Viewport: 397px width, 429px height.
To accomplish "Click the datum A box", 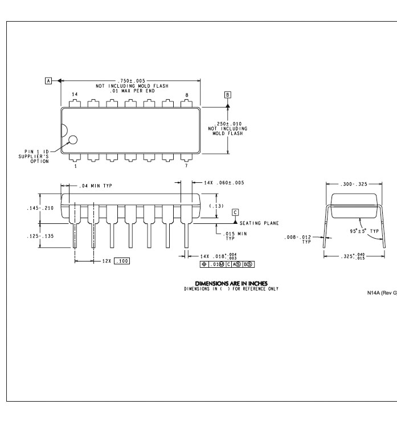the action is point(48,81).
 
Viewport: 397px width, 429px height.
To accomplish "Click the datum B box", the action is point(228,95).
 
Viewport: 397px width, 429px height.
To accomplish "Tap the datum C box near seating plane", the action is point(235,213).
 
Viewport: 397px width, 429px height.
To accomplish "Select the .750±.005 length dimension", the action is point(132,81).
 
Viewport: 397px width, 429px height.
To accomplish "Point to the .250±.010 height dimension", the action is point(228,124).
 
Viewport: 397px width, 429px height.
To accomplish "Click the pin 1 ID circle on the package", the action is point(73,140).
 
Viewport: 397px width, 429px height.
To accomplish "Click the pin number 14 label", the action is point(75,94).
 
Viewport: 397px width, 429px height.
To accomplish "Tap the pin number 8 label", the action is point(187,95).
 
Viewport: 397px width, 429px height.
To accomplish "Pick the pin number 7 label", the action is point(186,166).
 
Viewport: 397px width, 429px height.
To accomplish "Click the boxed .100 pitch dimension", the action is point(122,261).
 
